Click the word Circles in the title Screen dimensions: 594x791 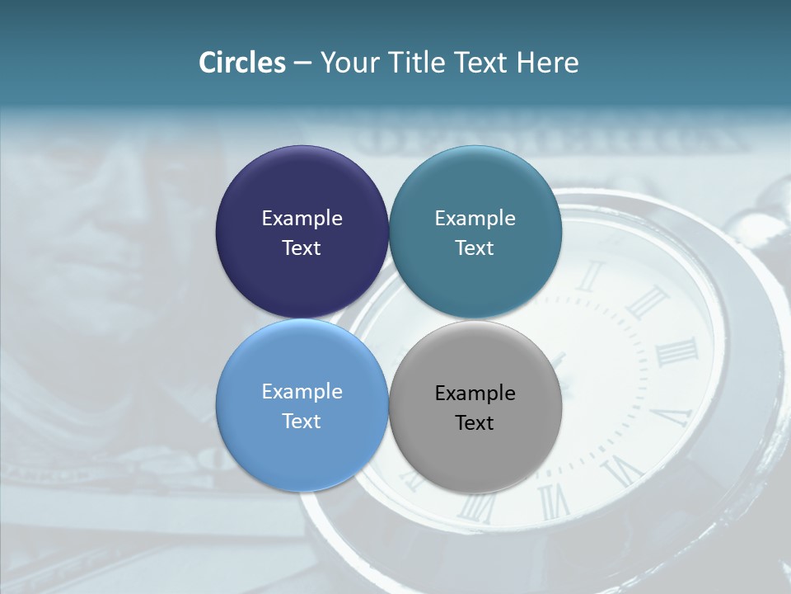241,63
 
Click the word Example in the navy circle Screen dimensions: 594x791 302,219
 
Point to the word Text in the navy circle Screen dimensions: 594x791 302,248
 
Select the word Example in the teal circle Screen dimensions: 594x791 475,219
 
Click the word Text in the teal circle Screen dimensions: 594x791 475,248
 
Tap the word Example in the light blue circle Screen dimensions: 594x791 302,392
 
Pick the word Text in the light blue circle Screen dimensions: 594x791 302,422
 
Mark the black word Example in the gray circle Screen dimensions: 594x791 475,394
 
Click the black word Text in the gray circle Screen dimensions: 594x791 475,423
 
